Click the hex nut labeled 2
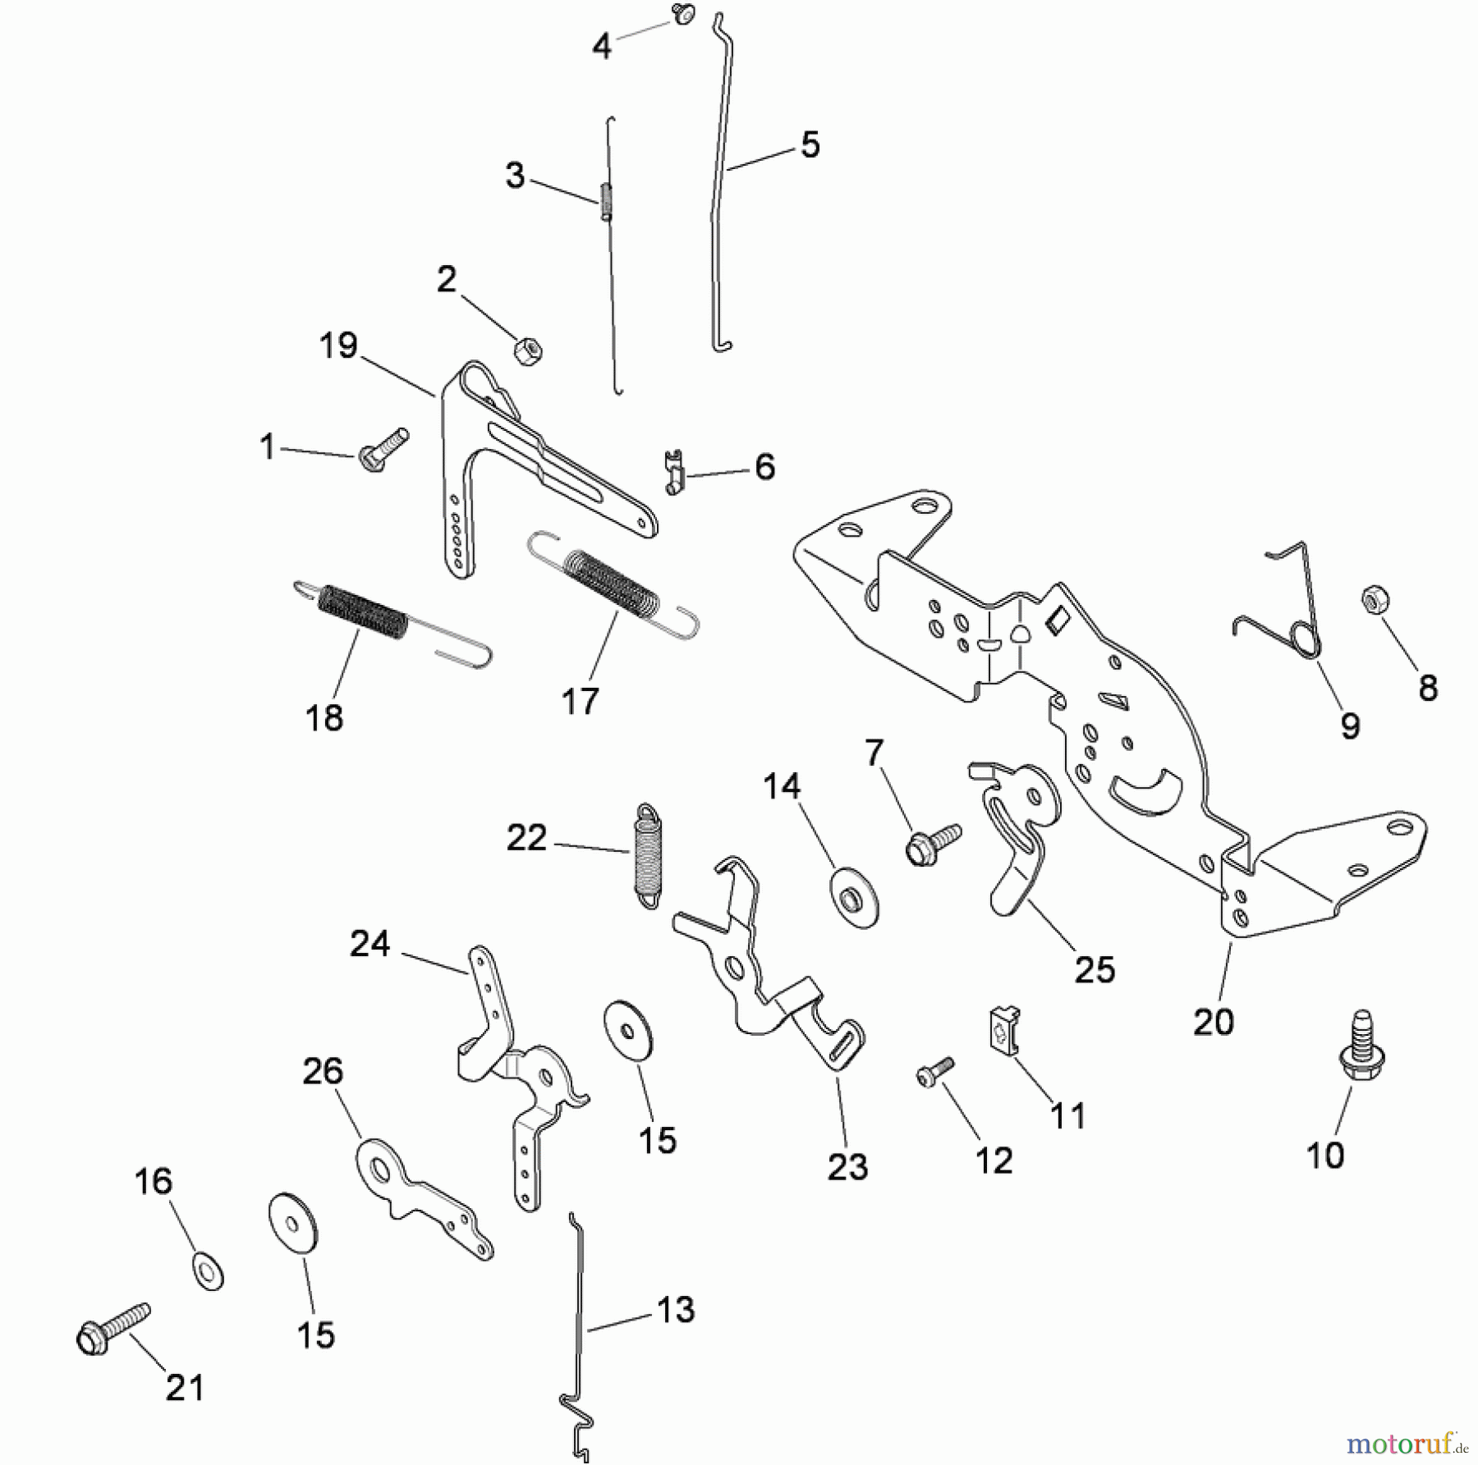pos(528,351)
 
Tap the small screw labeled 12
pos(934,1070)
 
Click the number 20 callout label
pos(1214,1022)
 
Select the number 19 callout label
pos(338,346)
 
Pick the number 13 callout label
pos(676,1310)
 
